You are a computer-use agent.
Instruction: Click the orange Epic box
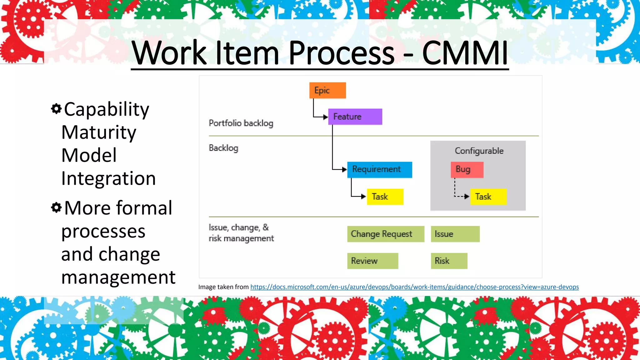(327, 90)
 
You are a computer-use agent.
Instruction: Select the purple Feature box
(355, 117)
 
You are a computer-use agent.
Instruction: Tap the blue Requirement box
(379, 169)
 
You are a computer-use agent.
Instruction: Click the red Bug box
(467, 169)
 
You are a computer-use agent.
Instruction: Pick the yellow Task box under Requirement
(385, 197)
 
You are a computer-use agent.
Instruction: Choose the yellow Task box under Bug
(488, 197)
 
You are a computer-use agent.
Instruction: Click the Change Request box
(386, 234)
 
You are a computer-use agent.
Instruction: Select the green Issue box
(455, 234)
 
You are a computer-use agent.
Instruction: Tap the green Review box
(372, 261)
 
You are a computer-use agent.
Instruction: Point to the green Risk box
(449, 261)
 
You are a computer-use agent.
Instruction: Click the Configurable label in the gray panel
(479, 151)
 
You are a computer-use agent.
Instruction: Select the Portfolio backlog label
(241, 123)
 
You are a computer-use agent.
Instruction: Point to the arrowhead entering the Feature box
(326, 117)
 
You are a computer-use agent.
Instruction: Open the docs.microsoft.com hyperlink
(414, 287)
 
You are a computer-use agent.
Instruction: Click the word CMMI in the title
(465, 53)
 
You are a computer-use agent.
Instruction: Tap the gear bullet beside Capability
(56, 109)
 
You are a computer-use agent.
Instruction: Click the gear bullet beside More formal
(56, 207)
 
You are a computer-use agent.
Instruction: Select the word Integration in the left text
(108, 178)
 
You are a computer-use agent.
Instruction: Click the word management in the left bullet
(118, 277)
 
